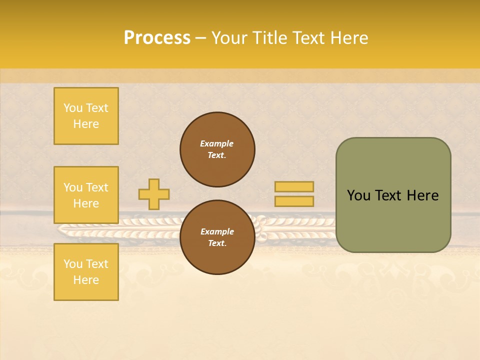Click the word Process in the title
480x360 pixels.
[x=157, y=38]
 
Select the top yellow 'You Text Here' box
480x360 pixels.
[x=86, y=116]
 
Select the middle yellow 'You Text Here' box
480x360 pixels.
[x=86, y=195]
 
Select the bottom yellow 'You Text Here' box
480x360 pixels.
[x=86, y=272]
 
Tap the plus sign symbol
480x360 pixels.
[x=154, y=194]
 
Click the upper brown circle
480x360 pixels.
[x=217, y=149]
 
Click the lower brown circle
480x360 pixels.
[x=217, y=237]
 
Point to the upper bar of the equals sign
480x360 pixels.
[x=294, y=187]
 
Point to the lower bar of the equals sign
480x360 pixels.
[x=294, y=201]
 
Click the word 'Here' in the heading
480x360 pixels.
[x=347, y=38]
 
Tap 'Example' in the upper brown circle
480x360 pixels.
[x=217, y=143]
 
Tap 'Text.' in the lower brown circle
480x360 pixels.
[x=217, y=243]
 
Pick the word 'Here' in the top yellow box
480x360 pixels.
[x=86, y=124]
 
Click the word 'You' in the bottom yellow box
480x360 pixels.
[x=73, y=264]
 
